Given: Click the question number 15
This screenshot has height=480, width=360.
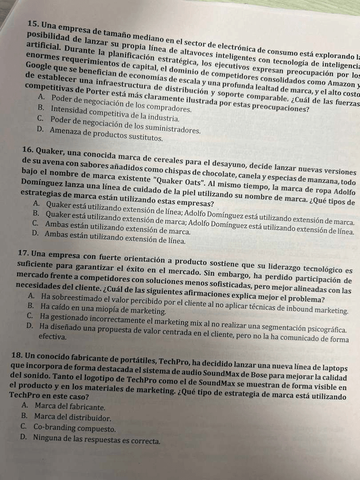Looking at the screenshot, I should tap(33, 24).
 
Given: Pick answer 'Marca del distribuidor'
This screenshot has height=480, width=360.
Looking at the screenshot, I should tap(71, 417).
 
